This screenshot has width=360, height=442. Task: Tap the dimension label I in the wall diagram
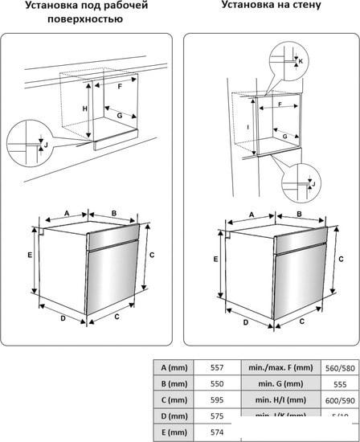click(247, 127)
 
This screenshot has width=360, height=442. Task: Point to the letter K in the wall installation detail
click(300, 61)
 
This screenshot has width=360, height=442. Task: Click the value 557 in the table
click(216, 366)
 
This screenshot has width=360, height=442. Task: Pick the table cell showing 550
click(216, 383)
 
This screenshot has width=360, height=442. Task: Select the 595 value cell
click(216, 400)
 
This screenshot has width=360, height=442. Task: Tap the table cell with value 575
click(216, 417)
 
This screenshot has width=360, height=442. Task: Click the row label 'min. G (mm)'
click(280, 383)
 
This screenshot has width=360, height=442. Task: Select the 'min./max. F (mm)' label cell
click(280, 366)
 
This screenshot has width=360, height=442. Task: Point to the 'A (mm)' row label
click(173, 366)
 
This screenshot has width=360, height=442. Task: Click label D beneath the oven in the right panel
click(246, 323)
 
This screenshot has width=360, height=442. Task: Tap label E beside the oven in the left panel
click(28, 255)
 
